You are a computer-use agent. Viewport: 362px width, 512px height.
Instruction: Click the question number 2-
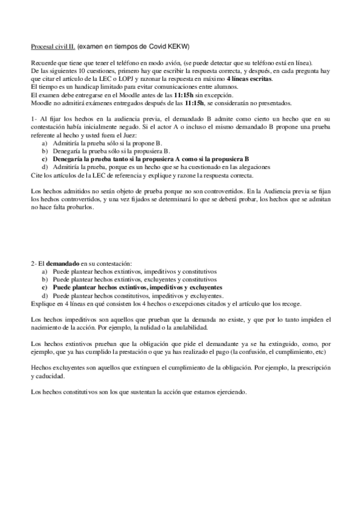34,264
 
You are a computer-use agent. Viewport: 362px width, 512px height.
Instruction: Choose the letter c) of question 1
45,159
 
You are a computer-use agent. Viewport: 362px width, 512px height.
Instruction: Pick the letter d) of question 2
45,296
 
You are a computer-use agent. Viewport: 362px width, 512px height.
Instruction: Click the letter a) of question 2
45,272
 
